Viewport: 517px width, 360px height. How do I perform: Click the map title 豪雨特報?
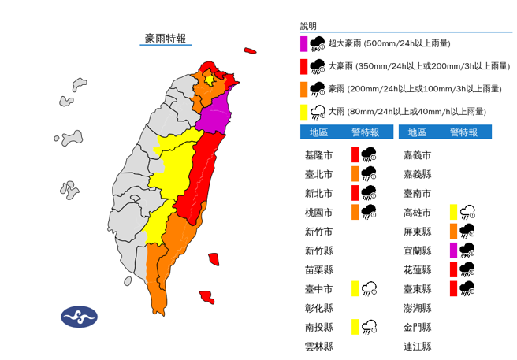(166, 38)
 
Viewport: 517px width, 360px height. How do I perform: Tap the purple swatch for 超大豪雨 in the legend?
(303, 43)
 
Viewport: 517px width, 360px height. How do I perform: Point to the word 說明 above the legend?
(308, 26)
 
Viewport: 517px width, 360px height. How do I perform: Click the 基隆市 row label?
(319, 154)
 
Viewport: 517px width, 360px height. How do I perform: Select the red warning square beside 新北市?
(355, 193)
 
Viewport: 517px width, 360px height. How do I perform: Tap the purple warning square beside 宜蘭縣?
(454, 251)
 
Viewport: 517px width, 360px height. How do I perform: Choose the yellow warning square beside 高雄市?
(454, 212)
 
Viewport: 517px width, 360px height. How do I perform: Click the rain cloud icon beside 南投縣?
(369, 327)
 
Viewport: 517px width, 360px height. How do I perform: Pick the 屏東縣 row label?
(417, 232)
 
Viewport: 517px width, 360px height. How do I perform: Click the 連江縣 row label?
(417, 347)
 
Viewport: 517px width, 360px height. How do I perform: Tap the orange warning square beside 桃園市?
(355, 212)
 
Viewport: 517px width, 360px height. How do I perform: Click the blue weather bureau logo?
(79, 317)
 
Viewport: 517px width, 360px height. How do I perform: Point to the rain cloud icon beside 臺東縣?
(467, 288)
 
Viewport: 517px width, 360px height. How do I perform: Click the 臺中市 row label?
(319, 289)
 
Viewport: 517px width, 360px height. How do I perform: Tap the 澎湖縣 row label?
(417, 308)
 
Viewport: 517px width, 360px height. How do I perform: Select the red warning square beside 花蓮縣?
(454, 269)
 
